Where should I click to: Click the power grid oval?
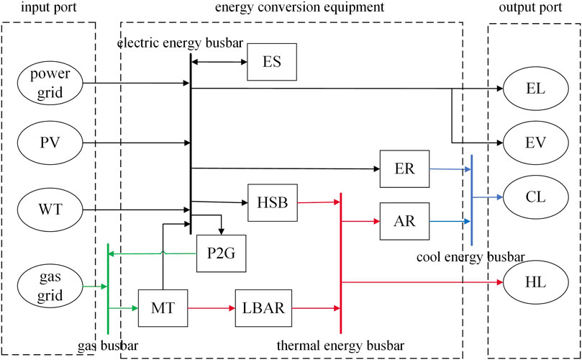tap(53, 84)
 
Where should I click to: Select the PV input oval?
tap(53, 142)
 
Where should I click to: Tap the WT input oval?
tap(53, 210)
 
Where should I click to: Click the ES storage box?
tap(272, 62)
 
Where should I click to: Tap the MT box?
tap(162, 308)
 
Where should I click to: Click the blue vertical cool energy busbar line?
tap(471, 216)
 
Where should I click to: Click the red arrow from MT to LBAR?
tap(211, 308)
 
